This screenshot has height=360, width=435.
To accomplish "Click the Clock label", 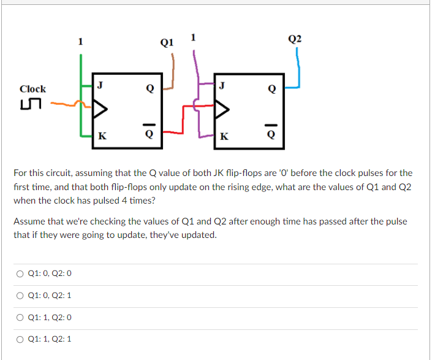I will pyautogui.click(x=32, y=89).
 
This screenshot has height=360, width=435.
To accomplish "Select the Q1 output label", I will pyautogui.click(x=166, y=42).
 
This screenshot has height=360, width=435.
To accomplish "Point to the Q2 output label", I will pyautogui.click(x=294, y=39).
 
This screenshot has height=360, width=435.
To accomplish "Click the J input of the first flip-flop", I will pyautogui.click(x=100, y=85).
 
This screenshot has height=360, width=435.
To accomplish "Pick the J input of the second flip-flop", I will pyautogui.click(x=222, y=85).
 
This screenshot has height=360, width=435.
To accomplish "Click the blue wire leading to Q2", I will pyautogui.click(x=298, y=67).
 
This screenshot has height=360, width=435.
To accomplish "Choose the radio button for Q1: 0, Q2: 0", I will pyautogui.click(x=21, y=273).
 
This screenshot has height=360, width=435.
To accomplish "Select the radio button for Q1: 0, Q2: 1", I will pyautogui.click(x=21, y=295).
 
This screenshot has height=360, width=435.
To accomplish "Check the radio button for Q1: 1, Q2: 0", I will pyautogui.click(x=21, y=317).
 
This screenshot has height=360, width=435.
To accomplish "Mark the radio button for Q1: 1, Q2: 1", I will pyautogui.click(x=21, y=339).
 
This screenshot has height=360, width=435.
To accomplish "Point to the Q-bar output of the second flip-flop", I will pyautogui.click(x=272, y=134).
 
